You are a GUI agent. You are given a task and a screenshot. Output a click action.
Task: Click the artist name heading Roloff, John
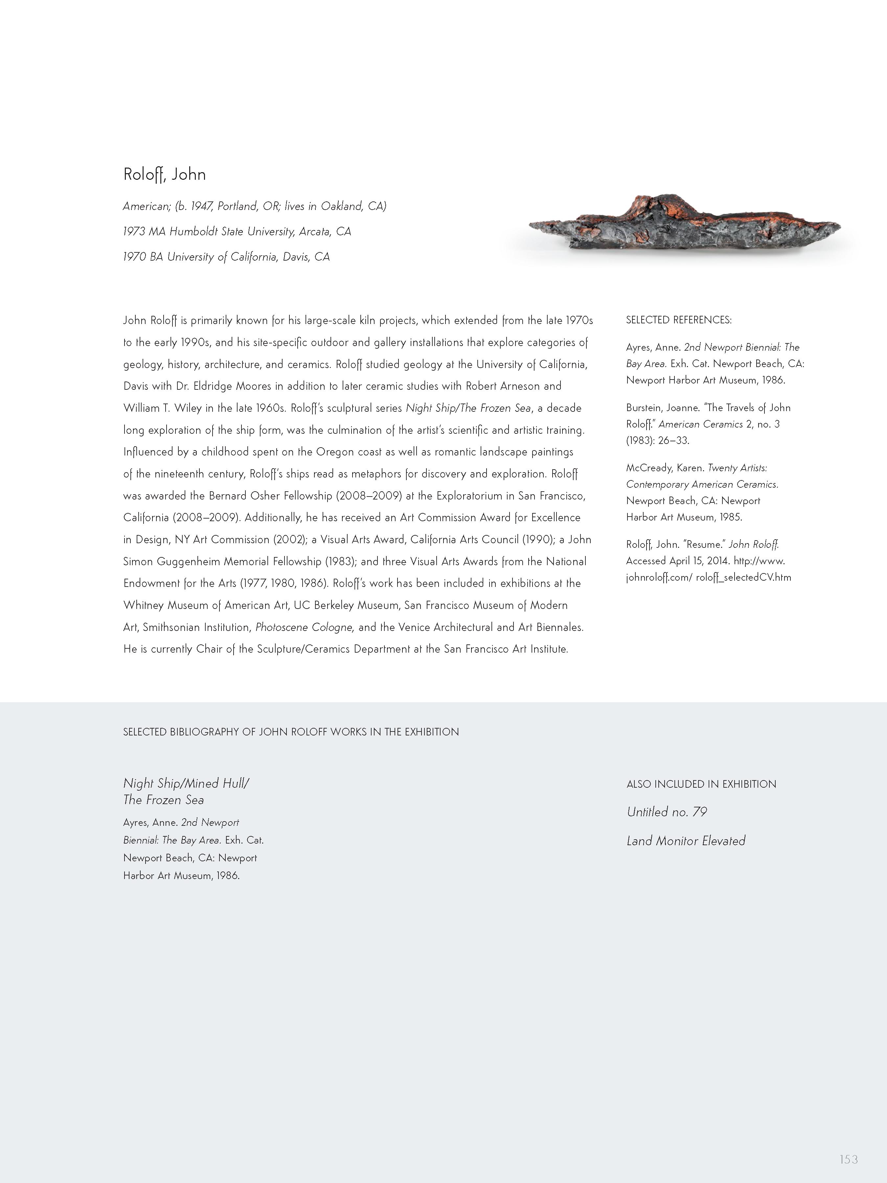coord(164,174)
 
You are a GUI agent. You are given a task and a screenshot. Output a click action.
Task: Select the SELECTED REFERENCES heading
coord(678,320)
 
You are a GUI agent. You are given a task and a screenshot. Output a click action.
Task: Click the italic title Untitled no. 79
coord(666,812)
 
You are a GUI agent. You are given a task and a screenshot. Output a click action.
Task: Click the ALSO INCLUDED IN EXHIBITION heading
coord(701,784)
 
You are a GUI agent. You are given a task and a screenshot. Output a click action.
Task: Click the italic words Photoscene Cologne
coord(304,627)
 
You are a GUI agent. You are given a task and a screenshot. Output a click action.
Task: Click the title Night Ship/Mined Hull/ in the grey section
coord(186,783)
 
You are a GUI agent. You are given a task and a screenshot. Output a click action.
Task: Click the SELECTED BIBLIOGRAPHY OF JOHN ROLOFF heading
coord(290,731)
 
